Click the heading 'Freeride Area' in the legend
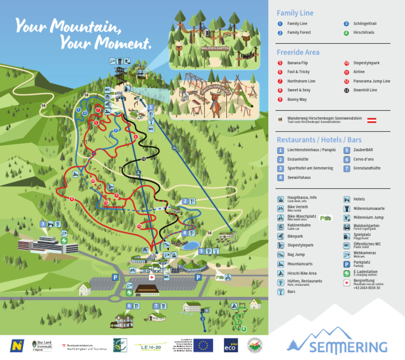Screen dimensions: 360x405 click(x=298, y=52)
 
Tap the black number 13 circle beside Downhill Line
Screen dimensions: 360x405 click(x=346, y=90)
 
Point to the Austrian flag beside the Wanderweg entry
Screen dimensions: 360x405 click(x=371, y=120)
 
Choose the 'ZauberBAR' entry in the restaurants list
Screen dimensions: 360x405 click(x=363, y=150)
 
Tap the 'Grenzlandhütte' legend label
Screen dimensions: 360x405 click(x=367, y=168)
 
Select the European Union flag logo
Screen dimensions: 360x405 click(x=203, y=345)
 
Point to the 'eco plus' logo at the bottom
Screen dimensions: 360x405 click(x=230, y=345)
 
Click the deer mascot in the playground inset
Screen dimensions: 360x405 click(x=215, y=100)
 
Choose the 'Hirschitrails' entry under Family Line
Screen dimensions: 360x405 click(x=364, y=33)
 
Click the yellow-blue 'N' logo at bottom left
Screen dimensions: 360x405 click(x=17, y=345)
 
